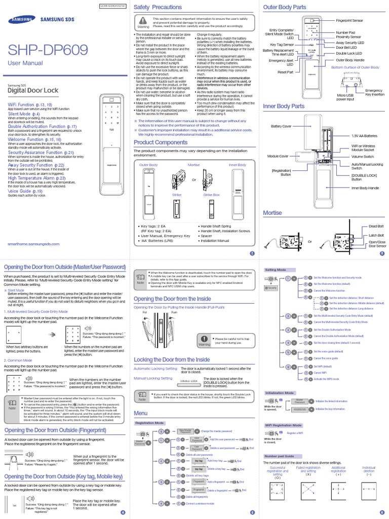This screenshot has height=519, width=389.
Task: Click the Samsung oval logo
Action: [x=19, y=21]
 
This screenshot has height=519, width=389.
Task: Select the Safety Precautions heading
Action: [x=158, y=7]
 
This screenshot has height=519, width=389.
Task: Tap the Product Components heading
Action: [x=160, y=142]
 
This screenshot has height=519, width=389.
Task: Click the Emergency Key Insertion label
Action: [x=374, y=92]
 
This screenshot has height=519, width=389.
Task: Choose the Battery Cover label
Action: [x=281, y=126]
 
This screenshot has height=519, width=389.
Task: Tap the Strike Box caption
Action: [x=211, y=194]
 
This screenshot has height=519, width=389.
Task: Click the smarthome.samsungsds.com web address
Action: [x=34, y=244]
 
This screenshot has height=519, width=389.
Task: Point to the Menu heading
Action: [x=141, y=413]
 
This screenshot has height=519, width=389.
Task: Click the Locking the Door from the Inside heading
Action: [x=172, y=359]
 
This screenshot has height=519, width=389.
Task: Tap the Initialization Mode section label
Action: [x=280, y=393]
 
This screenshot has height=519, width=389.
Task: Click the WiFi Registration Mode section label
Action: [x=284, y=425]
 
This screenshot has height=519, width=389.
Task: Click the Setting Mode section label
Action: [x=276, y=270]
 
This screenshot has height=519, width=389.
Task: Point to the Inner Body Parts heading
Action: [x=284, y=106]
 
